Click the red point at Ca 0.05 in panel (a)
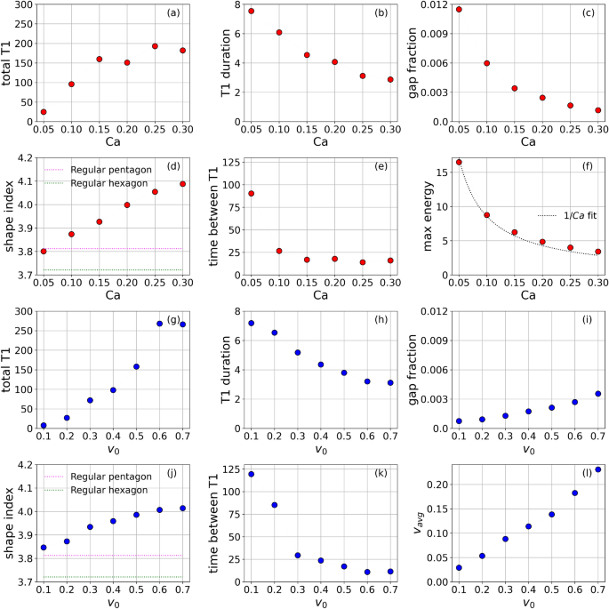pos(44,112)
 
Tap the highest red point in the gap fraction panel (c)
pos(459,10)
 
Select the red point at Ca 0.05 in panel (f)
pos(459,162)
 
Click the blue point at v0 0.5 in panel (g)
pos(136,366)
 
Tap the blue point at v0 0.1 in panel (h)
pos(251,324)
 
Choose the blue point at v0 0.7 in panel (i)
pos(598,394)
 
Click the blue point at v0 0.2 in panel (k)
pos(274,505)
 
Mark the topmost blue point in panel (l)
pos(598,469)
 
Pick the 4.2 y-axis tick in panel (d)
pos(25,158)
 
